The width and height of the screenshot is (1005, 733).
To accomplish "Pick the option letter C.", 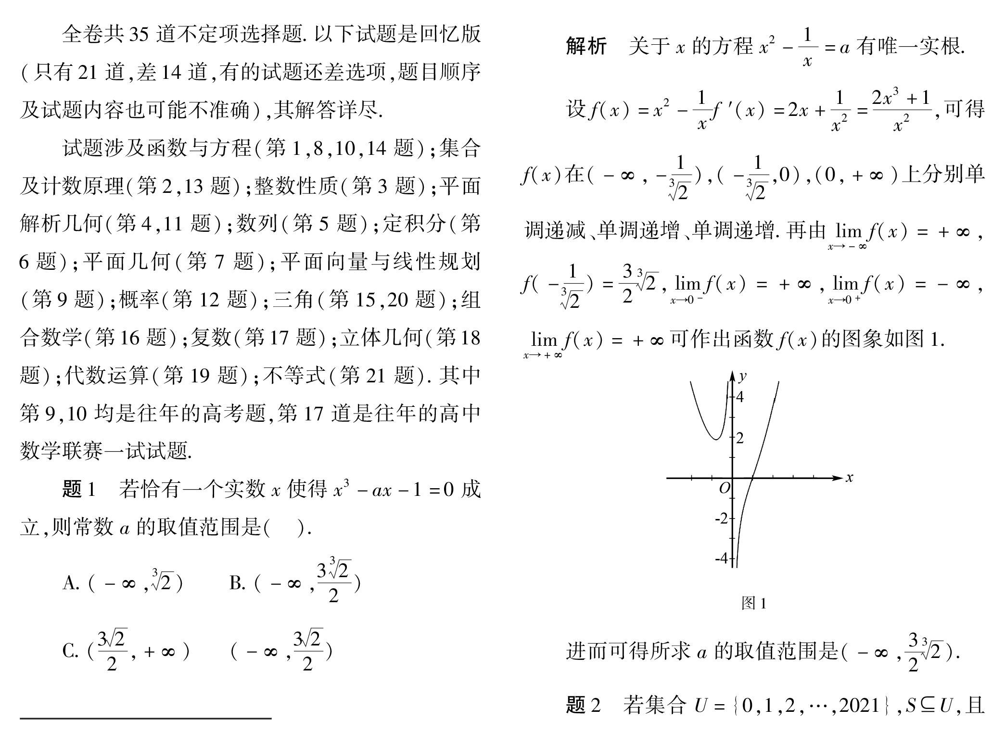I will pyautogui.click(x=70, y=652).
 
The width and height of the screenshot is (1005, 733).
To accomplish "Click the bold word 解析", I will pyautogui.click(x=586, y=47).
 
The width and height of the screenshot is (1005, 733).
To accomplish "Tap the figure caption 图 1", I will pyautogui.click(x=753, y=603).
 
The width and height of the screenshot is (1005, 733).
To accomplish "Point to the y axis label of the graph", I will pyautogui.click(x=743, y=376).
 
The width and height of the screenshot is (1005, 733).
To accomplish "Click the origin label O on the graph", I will pyautogui.click(x=725, y=488).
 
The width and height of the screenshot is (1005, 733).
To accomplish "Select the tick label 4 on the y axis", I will pyautogui.click(x=740, y=397).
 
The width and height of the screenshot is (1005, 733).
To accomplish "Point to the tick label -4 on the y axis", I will pyautogui.click(x=722, y=558).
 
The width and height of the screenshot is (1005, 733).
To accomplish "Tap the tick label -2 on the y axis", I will pyautogui.click(x=722, y=518).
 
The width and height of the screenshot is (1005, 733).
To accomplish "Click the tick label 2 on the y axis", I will pyautogui.click(x=740, y=438).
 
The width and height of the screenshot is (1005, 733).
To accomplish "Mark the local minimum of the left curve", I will pyautogui.click(x=716, y=439).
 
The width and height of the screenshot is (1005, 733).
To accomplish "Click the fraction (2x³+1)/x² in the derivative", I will pyautogui.click(x=902, y=110).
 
